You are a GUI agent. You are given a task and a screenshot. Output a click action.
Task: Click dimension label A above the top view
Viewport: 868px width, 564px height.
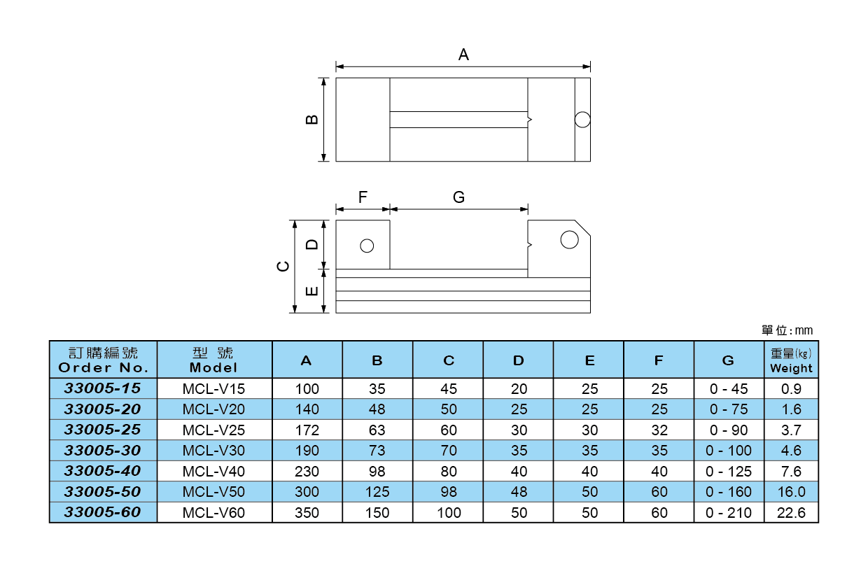tap(463, 55)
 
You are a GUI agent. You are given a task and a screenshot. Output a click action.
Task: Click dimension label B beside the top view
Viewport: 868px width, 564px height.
tap(313, 119)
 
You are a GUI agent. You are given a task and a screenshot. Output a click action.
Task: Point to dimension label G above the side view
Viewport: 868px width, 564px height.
tap(458, 197)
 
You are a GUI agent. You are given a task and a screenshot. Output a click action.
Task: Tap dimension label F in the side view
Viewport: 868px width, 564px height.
tap(363, 197)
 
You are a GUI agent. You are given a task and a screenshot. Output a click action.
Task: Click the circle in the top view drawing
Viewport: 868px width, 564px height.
tap(582, 120)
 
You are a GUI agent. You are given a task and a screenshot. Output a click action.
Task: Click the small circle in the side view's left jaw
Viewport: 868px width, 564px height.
tap(366, 246)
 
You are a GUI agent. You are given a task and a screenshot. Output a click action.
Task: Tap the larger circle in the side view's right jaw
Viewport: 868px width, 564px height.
tap(569, 240)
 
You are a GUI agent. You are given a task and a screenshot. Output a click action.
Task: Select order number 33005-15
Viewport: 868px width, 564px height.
tap(103, 388)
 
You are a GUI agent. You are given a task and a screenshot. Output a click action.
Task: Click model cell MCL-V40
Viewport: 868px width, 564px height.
tap(214, 471)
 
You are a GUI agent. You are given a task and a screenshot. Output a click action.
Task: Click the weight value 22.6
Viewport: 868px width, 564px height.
tap(791, 513)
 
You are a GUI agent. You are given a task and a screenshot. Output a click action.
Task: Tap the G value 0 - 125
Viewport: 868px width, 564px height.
tap(728, 471)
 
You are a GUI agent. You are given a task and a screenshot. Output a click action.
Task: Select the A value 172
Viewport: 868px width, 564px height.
tap(307, 430)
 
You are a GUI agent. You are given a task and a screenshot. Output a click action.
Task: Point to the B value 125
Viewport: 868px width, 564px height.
tap(377, 492)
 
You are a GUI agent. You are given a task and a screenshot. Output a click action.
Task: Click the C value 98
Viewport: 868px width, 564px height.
tap(449, 492)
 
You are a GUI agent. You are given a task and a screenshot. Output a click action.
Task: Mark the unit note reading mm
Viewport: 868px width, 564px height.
tap(787, 330)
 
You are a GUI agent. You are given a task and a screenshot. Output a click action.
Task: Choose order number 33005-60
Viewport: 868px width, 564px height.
tap(103, 513)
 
